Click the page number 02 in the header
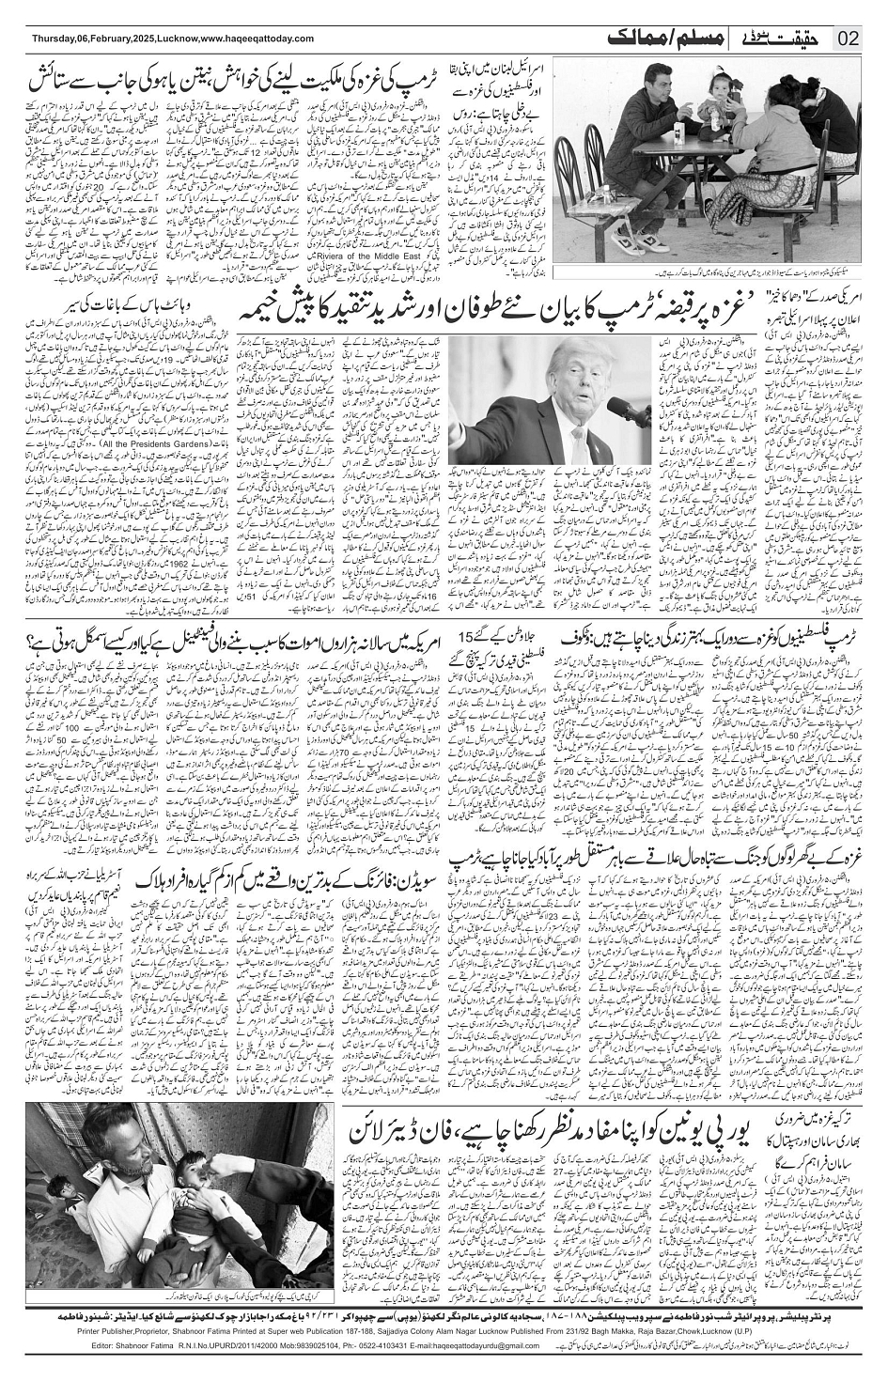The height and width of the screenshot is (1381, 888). (x=848, y=39)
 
